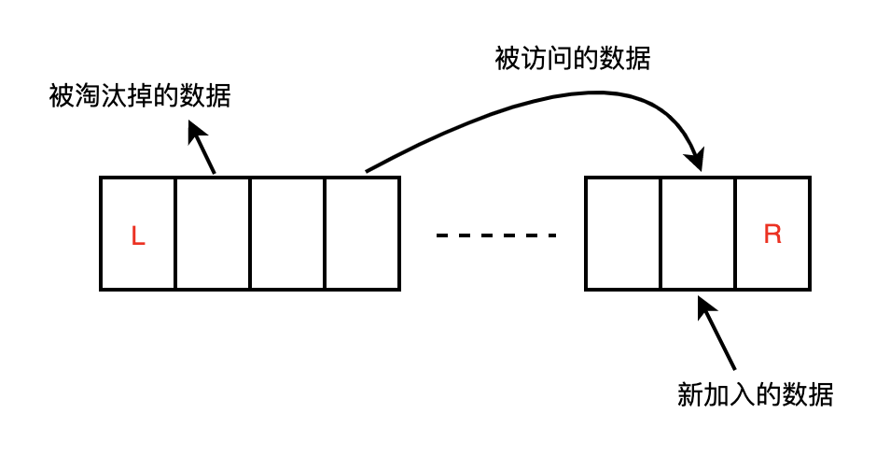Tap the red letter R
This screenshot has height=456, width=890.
point(772,235)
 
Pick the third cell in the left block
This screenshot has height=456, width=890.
point(287,234)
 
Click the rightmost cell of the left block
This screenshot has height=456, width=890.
point(362,234)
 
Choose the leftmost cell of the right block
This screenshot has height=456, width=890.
point(622,234)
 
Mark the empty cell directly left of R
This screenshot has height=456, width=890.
point(697,234)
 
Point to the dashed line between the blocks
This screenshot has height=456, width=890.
point(495,235)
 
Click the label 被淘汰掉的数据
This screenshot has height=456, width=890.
point(140,96)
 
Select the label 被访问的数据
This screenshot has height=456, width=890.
point(572,59)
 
